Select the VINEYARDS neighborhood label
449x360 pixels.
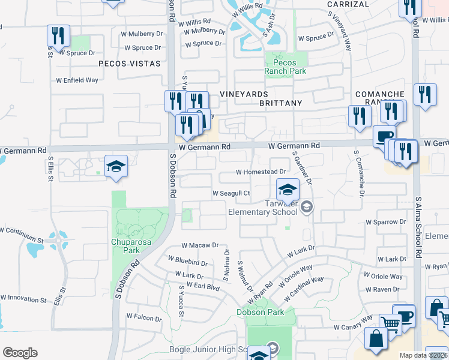pos(243,94)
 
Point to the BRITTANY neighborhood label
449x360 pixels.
pos(280,103)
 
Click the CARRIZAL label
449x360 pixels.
pos(347,4)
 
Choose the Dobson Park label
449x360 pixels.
pos(260,312)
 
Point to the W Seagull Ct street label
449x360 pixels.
pos(231,193)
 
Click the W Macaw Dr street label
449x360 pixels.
pos(200,246)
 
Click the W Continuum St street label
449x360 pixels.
pos(22,240)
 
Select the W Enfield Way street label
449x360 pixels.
pos(77,80)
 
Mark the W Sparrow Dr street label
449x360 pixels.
pos(385,222)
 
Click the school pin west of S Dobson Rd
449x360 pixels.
pos(116,167)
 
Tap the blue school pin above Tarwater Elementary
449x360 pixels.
pos(288,190)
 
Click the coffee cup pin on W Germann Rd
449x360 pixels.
pos(384,136)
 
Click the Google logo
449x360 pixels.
pos(20,353)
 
